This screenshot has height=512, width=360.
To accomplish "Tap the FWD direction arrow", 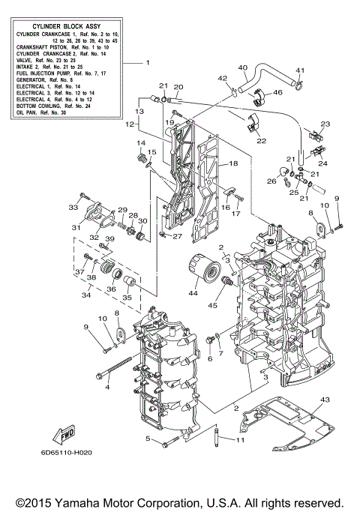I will click(x=66, y=433).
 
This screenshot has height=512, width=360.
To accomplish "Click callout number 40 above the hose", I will click(x=242, y=68).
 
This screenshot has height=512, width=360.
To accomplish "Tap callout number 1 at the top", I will click(x=148, y=62).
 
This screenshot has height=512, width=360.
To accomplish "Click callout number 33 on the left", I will click(x=73, y=207).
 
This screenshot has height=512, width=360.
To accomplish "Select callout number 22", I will click(x=262, y=140).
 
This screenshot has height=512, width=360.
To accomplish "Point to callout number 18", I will click(x=233, y=163).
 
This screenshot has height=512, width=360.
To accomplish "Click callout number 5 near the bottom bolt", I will click(x=148, y=439).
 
